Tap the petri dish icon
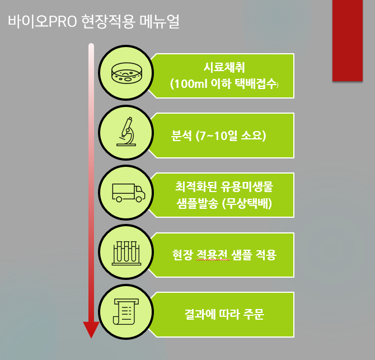click(127, 74)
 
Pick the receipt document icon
click(125, 312)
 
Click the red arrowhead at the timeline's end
click(91, 330)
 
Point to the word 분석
click(182, 136)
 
